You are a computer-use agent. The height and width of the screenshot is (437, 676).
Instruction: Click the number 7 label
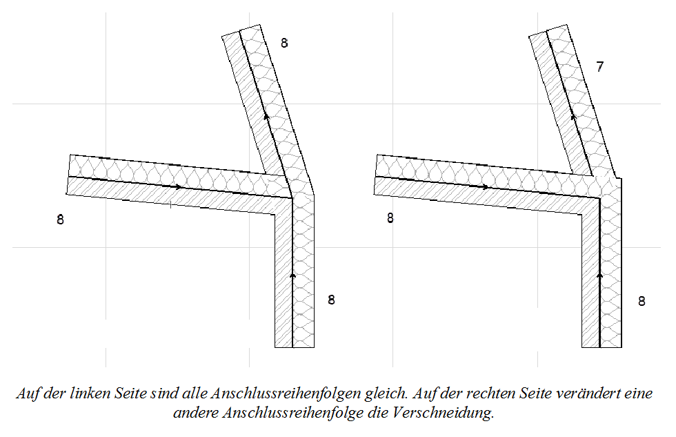pos(600,67)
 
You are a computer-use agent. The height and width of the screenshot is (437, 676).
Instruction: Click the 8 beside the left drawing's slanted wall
pos(284,43)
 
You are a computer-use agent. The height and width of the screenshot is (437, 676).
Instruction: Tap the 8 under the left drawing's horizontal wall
pos(61,220)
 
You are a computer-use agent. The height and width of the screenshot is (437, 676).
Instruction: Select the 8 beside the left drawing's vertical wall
pos(331,300)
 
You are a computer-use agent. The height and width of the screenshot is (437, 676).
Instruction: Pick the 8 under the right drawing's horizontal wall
pos(390,219)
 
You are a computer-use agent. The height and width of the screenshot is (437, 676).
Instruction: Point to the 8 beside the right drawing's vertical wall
pos(641,301)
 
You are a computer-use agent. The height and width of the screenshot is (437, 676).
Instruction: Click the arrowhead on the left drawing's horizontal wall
pos(179,186)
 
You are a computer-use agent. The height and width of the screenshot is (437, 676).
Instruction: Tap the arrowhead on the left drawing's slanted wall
pos(266,116)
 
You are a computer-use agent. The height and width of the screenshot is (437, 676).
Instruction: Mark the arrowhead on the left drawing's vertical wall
pos(292,275)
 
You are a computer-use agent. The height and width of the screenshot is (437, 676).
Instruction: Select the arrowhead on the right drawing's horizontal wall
pos(486,186)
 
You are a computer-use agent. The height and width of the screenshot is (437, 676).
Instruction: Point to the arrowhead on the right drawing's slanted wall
pos(573,116)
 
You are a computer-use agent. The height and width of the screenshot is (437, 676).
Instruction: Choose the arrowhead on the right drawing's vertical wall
pos(599,275)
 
